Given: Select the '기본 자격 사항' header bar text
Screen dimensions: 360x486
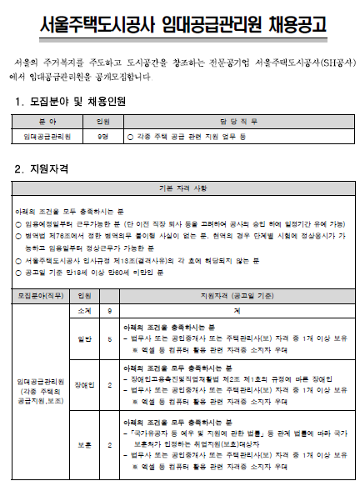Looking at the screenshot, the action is (x=180, y=188).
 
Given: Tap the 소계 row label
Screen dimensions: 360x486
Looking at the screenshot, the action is (x=83, y=309).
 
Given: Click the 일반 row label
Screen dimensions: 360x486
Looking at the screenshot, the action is (x=83, y=338).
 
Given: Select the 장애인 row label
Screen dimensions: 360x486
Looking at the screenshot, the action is (x=83, y=385).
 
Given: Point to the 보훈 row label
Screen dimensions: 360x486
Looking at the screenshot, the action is (x=83, y=443).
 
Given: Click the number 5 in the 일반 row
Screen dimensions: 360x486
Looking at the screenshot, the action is (x=110, y=338).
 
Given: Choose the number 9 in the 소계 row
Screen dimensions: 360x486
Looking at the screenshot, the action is (x=110, y=309).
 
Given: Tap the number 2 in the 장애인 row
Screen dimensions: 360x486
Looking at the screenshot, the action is (x=110, y=385).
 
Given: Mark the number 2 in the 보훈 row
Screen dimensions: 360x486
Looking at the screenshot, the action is (x=110, y=443).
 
